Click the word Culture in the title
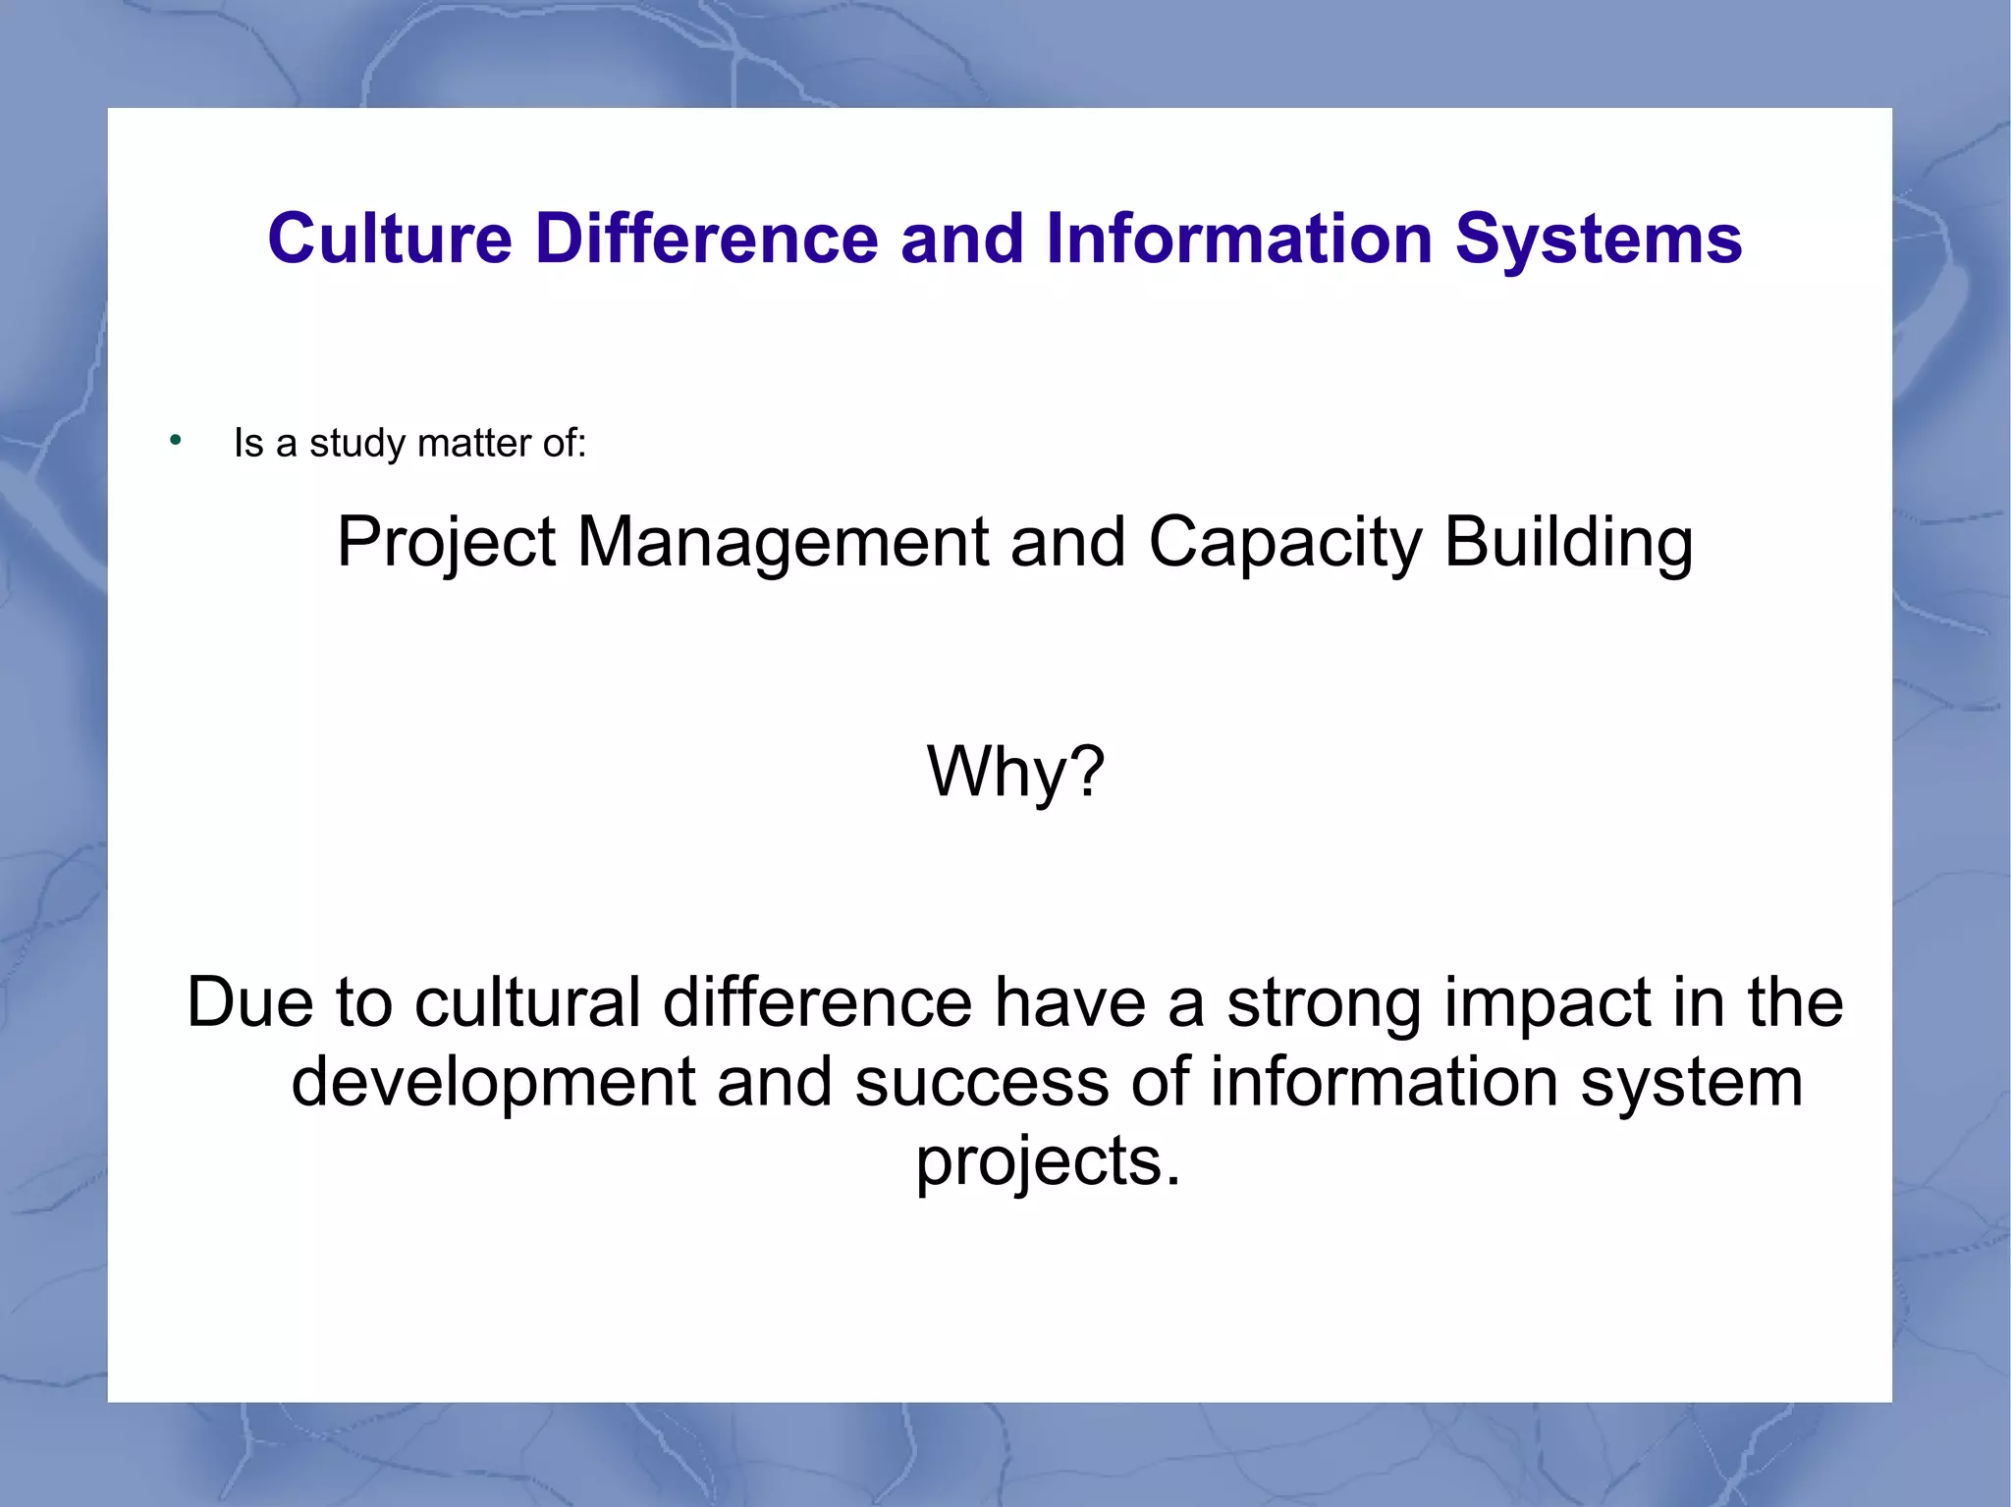[x=390, y=239]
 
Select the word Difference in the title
[x=706, y=239]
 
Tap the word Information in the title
[x=1239, y=239]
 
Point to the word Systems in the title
[x=1598, y=239]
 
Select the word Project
[x=447, y=543]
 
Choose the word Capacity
[x=1284, y=543]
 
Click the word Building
[x=1568, y=543]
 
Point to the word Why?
[x=1016, y=772]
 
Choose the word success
[x=982, y=1082]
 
